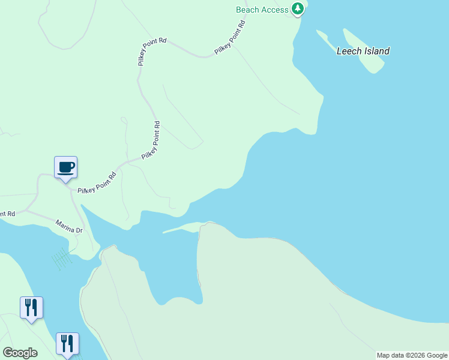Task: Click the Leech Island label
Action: [363, 51]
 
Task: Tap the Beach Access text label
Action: [262, 10]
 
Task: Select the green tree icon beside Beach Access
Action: [297, 8]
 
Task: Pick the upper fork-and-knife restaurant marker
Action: [31, 307]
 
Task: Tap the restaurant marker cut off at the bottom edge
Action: [67, 344]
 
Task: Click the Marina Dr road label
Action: [69, 226]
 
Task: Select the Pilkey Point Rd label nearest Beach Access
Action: [230, 38]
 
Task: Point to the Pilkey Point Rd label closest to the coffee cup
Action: [97, 184]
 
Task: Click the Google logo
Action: [20, 353]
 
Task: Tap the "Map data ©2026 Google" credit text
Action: [411, 355]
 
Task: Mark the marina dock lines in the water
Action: [62, 259]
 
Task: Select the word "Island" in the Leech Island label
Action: [376, 51]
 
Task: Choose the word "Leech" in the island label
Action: [348, 51]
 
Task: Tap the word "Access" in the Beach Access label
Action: [275, 10]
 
